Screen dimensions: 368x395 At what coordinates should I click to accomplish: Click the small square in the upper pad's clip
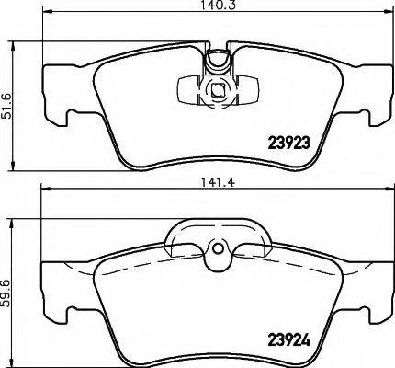[217, 90]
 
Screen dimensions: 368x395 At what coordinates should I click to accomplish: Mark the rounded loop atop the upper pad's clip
[217, 60]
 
